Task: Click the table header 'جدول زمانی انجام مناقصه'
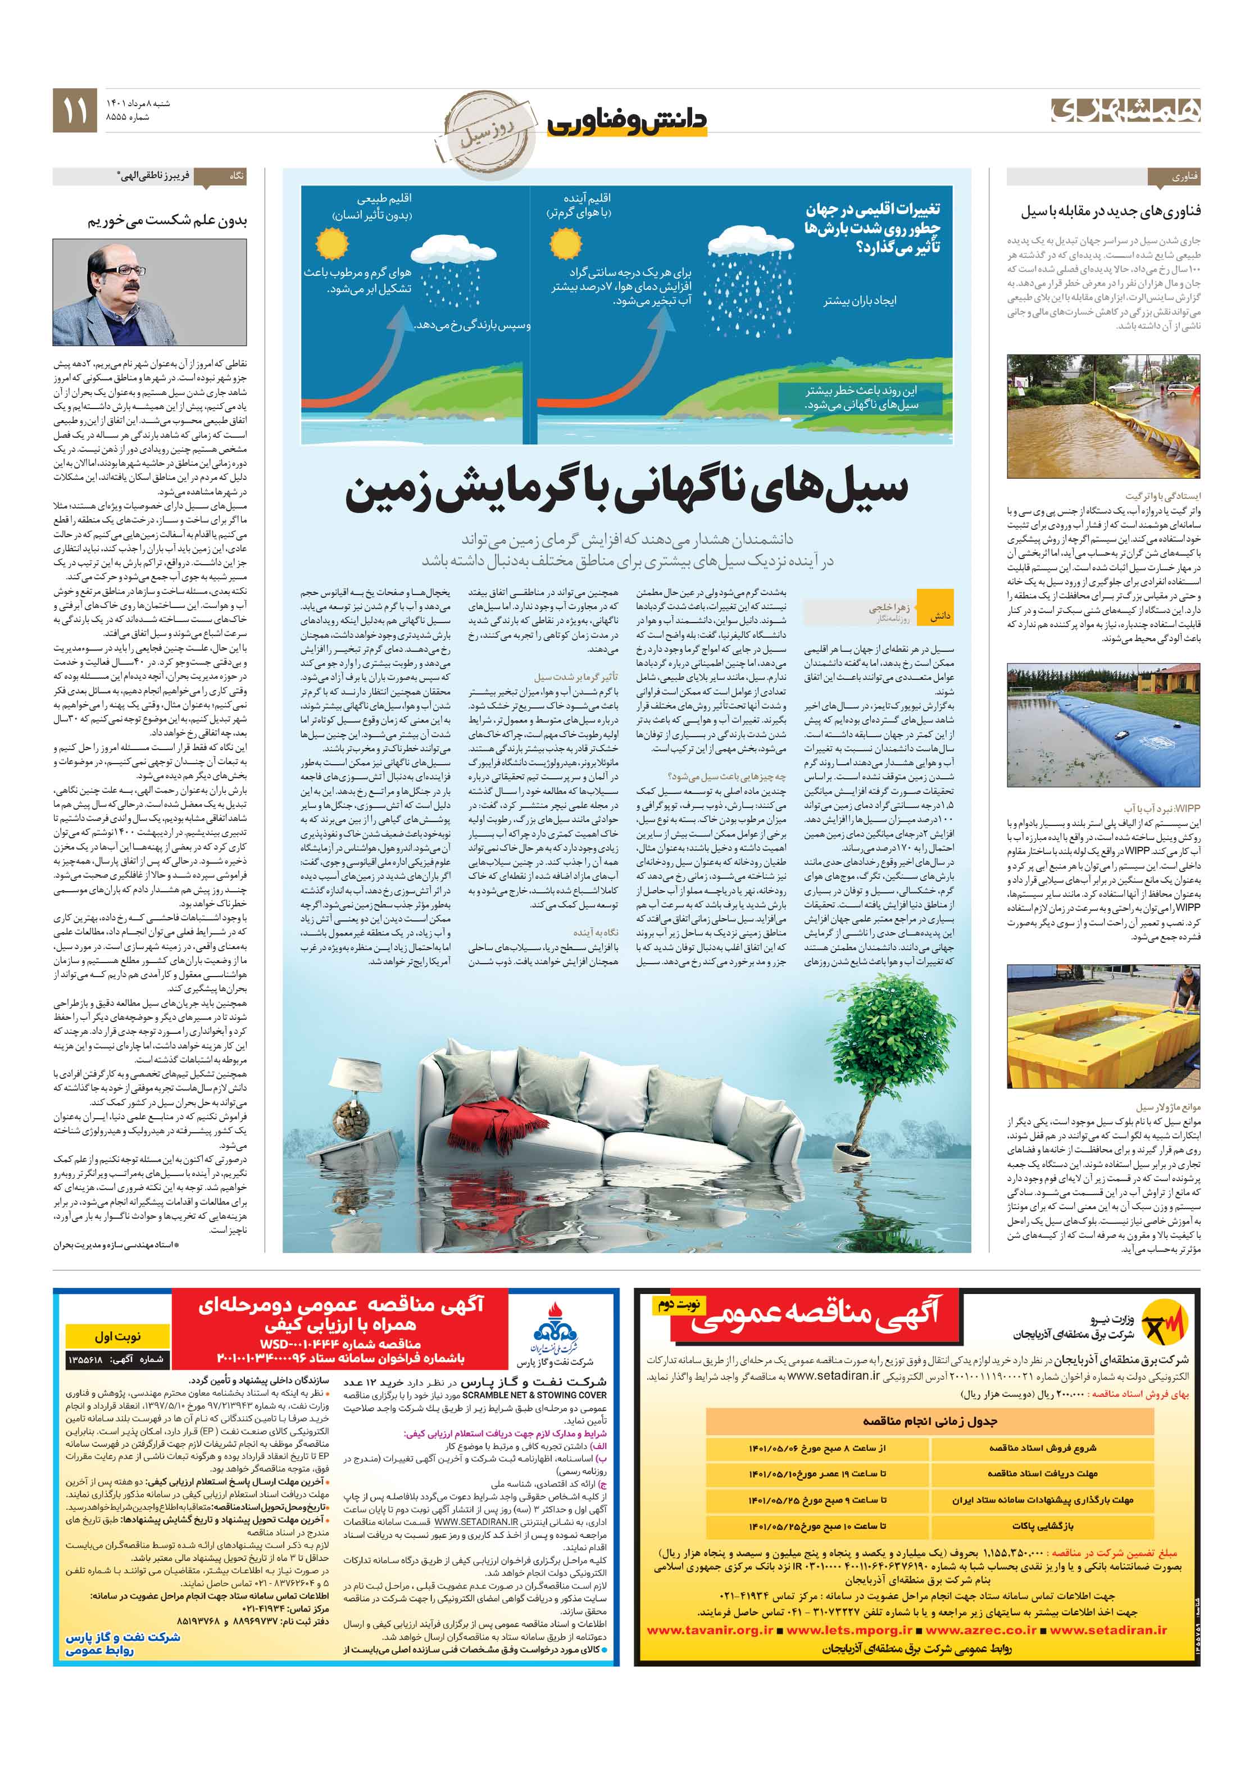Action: (929, 1420)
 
